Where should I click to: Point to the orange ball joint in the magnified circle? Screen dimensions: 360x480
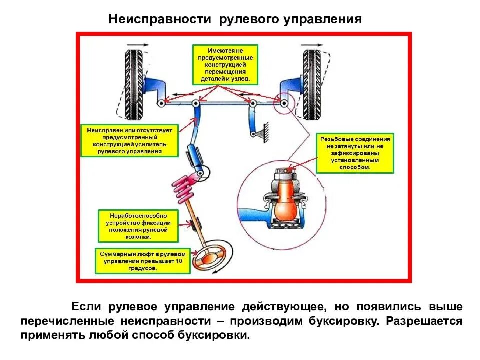point(287,200)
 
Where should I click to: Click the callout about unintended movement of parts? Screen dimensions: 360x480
point(224,64)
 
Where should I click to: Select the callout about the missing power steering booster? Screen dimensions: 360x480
point(129,140)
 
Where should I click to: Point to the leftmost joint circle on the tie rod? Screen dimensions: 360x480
point(161,104)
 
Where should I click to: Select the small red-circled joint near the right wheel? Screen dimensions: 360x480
point(284,103)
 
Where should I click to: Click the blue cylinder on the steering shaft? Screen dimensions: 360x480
point(195,155)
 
